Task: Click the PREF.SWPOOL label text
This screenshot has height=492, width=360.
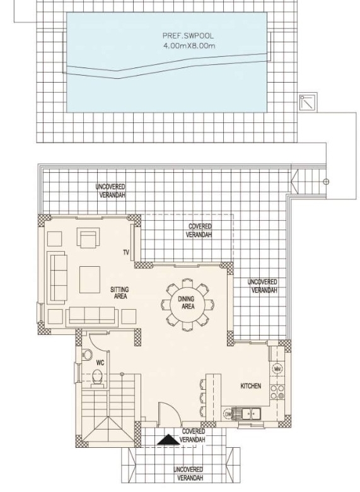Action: pyautogui.click(x=188, y=36)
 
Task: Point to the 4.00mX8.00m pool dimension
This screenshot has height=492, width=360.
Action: pyautogui.click(x=189, y=46)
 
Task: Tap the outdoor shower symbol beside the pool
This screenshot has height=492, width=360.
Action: pyautogui.click(x=308, y=102)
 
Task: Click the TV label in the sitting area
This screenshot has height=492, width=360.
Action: pyautogui.click(x=126, y=252)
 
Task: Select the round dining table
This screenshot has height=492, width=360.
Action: pyautogui.click(x=187, y=304)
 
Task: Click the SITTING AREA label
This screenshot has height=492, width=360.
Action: pyautogui.click(x=120, y=293)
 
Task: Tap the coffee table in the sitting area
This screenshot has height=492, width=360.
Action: pyautogui.click(x=90, y=279)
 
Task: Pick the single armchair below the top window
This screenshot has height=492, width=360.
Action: pyautogui.click(x=88, y=237)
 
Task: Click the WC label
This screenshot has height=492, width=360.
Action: pyautogui.click(x=100, y=363)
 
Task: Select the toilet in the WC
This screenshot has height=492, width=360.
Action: pyautogui.click(x=97, y=378)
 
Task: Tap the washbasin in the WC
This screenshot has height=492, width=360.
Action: pyautogui.click(x=87, y=355)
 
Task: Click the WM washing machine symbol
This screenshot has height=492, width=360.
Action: pyautogui.click(x=277, y=369)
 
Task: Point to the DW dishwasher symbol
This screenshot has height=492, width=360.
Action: pyautogui.click(x=228, y=414)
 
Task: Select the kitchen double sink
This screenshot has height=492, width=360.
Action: pyautogui.click(x=251, y=414)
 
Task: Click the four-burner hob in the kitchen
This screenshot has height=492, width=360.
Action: pyautogui.click(x=277, y=392)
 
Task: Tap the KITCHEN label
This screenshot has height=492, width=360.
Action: pyautogui.click(x=250, y=386)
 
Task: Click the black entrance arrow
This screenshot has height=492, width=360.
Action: pyautogui.click(x=168, y=440)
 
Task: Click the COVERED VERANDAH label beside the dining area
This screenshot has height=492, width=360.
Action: pyautogui.click(x=199, y=230)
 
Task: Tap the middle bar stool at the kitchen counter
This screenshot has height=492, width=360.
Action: pyautogui.click(x=203, y=398)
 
